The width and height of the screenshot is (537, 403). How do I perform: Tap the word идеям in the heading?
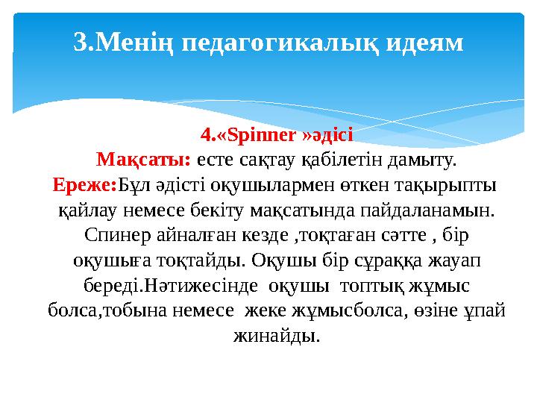(424, 42)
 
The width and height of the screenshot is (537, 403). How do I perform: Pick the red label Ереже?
(81, 184)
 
